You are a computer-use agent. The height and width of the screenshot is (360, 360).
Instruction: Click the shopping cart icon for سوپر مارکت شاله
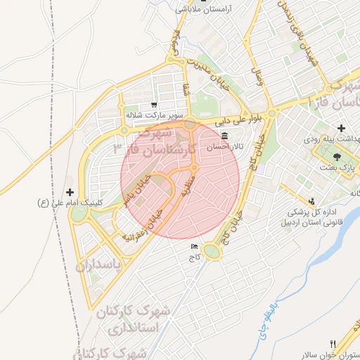pyautogui.click(x=154, y=105)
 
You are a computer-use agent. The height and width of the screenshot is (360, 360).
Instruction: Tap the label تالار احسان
pyautogui.click(x=224, y=148)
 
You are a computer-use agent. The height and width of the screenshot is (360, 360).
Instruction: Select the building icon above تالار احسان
pyautogui.click(x=224, y=136)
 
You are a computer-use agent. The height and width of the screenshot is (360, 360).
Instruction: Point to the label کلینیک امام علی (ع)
pyautogui.click(x=70, y=202)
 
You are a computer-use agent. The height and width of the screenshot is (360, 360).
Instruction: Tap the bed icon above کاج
pyautogui.click(x=194, y=247)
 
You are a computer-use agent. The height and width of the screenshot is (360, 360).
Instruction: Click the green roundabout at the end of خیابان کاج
pyautogui.click(x=212, y=251)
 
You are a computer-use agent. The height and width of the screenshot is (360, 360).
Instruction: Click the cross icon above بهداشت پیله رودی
pyautogui.click(x=341, y=128)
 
